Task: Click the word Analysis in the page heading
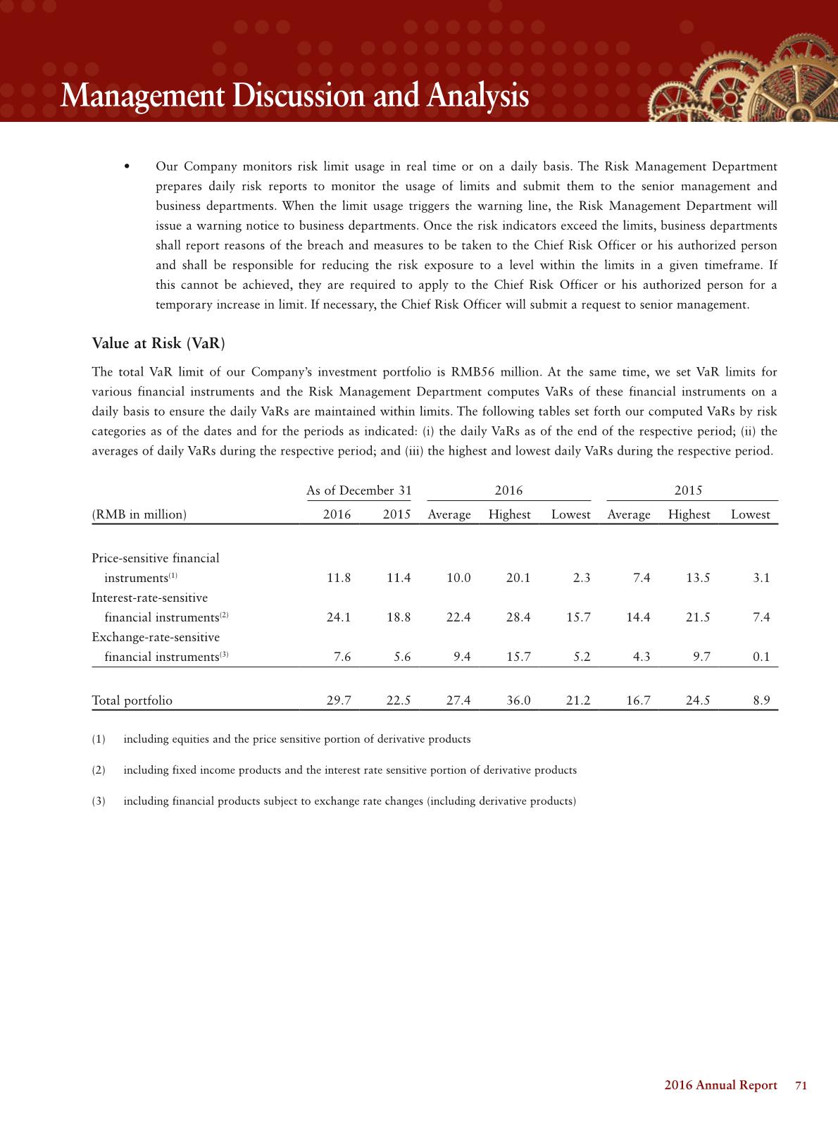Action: pos(474,96)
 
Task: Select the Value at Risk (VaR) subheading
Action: pos(158,343)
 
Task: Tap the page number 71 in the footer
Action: pos(801,1085)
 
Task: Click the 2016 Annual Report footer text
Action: pos(720,1085)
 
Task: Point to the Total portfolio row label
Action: pos(132,700)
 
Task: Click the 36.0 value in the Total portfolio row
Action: pos(518,700)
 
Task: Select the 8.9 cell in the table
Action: pos(761,700)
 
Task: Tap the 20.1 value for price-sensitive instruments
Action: pos(518,578)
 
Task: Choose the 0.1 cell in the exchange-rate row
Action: pos(761,657)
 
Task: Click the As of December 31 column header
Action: pos(359,490)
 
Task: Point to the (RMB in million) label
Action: pos(139,514)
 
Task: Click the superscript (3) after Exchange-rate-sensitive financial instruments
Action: pos(225,655)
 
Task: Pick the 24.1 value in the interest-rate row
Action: pos(339,617)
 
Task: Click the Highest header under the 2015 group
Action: pos(689,514)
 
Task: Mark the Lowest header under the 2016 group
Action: pos(570,514)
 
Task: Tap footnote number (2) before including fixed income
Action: pos(99,770)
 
